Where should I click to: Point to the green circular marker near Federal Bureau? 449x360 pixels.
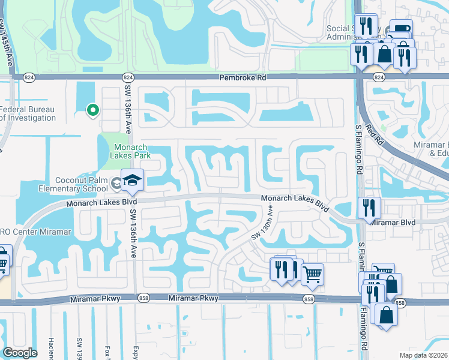point(92,110)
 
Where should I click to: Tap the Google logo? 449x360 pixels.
point(20,353)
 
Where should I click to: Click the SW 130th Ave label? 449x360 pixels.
point(263,223)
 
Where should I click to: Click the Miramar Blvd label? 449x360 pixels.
point(393,222)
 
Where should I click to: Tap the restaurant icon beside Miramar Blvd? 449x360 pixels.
point(369,208)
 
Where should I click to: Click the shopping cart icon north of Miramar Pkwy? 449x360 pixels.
point(312,274)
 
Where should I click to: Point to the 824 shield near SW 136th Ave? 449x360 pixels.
point(127,77)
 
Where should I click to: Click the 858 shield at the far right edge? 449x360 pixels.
point(401,302)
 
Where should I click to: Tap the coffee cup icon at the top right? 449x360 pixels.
point(400,29)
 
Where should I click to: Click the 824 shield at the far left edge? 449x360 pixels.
point(28,77)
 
